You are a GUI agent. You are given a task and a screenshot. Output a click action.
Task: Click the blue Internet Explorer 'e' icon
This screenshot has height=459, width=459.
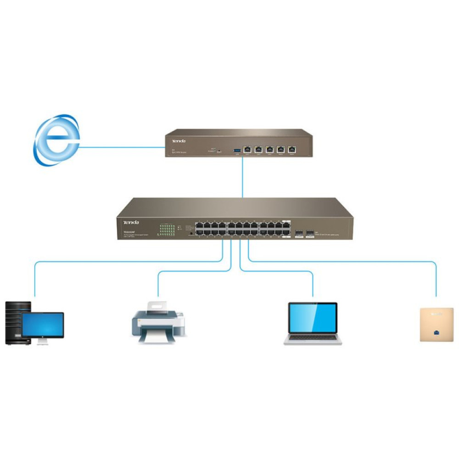point(56,140)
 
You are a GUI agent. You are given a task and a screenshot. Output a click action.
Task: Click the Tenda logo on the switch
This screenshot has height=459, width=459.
point(130,222)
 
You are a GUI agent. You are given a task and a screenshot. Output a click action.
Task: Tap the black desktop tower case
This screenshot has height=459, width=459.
point(14,321)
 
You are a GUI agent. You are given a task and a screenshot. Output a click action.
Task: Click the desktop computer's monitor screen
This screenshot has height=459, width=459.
point(43,325)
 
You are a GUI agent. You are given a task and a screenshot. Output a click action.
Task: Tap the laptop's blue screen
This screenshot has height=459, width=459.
point(312,318)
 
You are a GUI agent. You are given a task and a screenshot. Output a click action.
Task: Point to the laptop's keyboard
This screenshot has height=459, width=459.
point(312,337)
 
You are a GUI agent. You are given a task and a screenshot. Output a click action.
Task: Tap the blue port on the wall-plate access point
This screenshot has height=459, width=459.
point(435,332)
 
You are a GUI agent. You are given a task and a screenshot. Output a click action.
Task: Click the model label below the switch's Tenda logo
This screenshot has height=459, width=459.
point(132,231)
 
